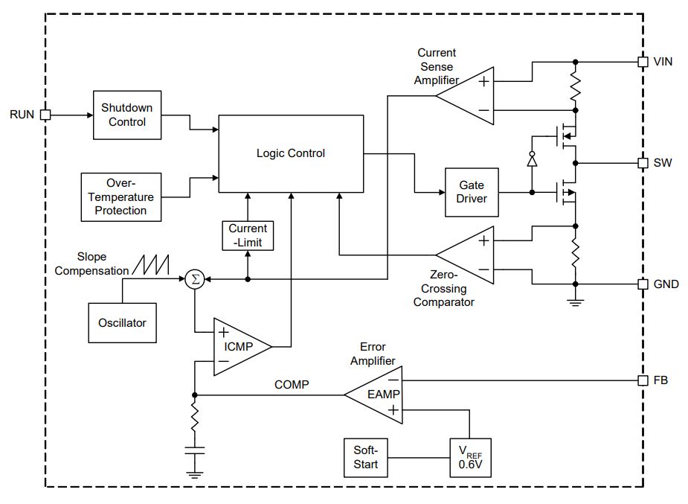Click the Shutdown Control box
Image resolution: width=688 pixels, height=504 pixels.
click(127, 115)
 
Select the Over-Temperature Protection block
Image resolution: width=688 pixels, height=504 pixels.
click(121, 197)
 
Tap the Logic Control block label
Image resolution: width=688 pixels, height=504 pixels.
click(291, 153)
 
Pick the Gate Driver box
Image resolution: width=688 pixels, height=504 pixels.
click(472, 192)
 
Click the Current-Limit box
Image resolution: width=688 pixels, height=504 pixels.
click(248, 236)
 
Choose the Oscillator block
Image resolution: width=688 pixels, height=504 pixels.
click(123, 322)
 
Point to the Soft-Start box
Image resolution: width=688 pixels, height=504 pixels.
click(366, 457)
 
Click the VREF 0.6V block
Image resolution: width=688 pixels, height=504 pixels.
click(470, 457)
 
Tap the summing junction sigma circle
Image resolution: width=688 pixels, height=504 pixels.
click(195, 279)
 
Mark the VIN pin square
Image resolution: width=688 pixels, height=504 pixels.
click(643, 62)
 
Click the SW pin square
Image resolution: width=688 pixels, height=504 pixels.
click(643, 163)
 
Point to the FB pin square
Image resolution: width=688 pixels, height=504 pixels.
click(643, 380)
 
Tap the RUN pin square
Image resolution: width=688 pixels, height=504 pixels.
click(45, 115)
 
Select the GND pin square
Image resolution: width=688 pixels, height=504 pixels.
click(643, 284)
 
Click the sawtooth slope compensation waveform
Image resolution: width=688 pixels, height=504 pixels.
click(150, 265)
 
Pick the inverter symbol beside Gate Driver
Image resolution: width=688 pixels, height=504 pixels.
click(532, 160)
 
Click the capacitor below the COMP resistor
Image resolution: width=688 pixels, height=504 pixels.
click(194, 450)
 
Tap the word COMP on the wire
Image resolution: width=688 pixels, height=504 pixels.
click(292, 385)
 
